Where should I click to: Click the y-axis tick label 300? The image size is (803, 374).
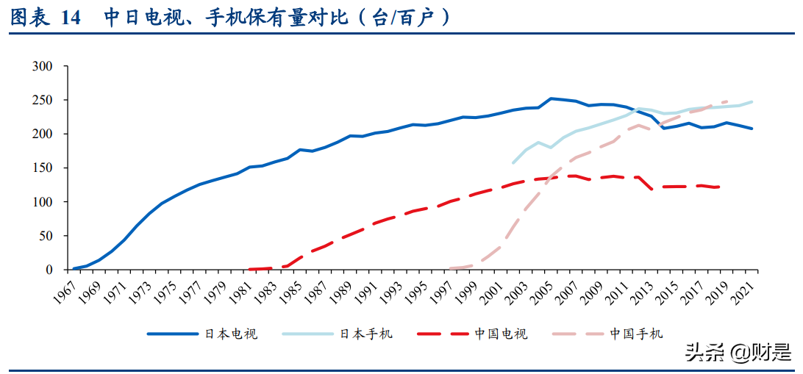pyautogui.click(x=43, y=66)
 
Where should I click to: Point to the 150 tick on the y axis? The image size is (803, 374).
pyautogui.click(x=43, y=168)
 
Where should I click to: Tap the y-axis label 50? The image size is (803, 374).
pyautogui.click(x=46, y=235)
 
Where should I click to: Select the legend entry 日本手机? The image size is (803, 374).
pyautogui.click(x=365, y=334)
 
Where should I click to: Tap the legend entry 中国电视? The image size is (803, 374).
pyautogui.click(x=501, y=334)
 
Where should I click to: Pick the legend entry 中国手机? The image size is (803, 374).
pyautogui.click(x=636, y=334)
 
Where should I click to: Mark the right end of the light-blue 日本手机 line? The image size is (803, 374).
pyautogui.click(x=752, y=101)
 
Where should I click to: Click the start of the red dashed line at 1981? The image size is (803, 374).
pyautogui.click(x=251, y=269)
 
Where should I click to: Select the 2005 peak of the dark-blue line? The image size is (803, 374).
pyautogui.click(x=551, y=98)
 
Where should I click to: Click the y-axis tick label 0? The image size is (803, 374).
pyautogui.click(x=50, y=269)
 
